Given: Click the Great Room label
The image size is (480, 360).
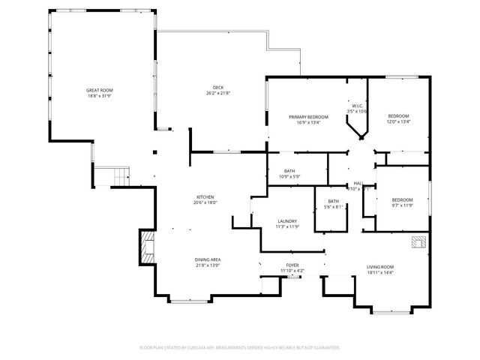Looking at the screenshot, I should click(x=99, y=90).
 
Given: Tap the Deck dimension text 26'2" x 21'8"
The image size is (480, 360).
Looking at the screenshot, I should click(x=217, y=94).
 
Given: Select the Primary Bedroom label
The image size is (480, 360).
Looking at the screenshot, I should click(x=310, y=118).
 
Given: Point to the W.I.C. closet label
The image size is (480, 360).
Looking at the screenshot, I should click(x=355, y=106).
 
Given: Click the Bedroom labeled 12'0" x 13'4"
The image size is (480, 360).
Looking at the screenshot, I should click(x=398, y=115).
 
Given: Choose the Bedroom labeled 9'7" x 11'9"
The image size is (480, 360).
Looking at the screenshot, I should click(x=403, y=199).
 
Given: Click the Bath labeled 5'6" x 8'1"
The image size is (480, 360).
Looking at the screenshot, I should click(x=332, y=201).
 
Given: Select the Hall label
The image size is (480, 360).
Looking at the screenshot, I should click(x=358, y=184).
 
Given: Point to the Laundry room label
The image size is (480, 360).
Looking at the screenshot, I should click(x=268, y=221).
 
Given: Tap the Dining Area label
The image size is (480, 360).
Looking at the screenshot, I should click(x=208, y=259).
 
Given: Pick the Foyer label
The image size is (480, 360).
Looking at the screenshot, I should click(x=292, y=265).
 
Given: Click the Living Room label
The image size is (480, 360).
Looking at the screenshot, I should click(x=380, y=267).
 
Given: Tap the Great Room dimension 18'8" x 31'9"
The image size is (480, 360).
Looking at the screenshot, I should click(x=99, y=95).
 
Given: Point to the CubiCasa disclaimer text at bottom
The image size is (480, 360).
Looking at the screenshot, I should click(x=240, y=347).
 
